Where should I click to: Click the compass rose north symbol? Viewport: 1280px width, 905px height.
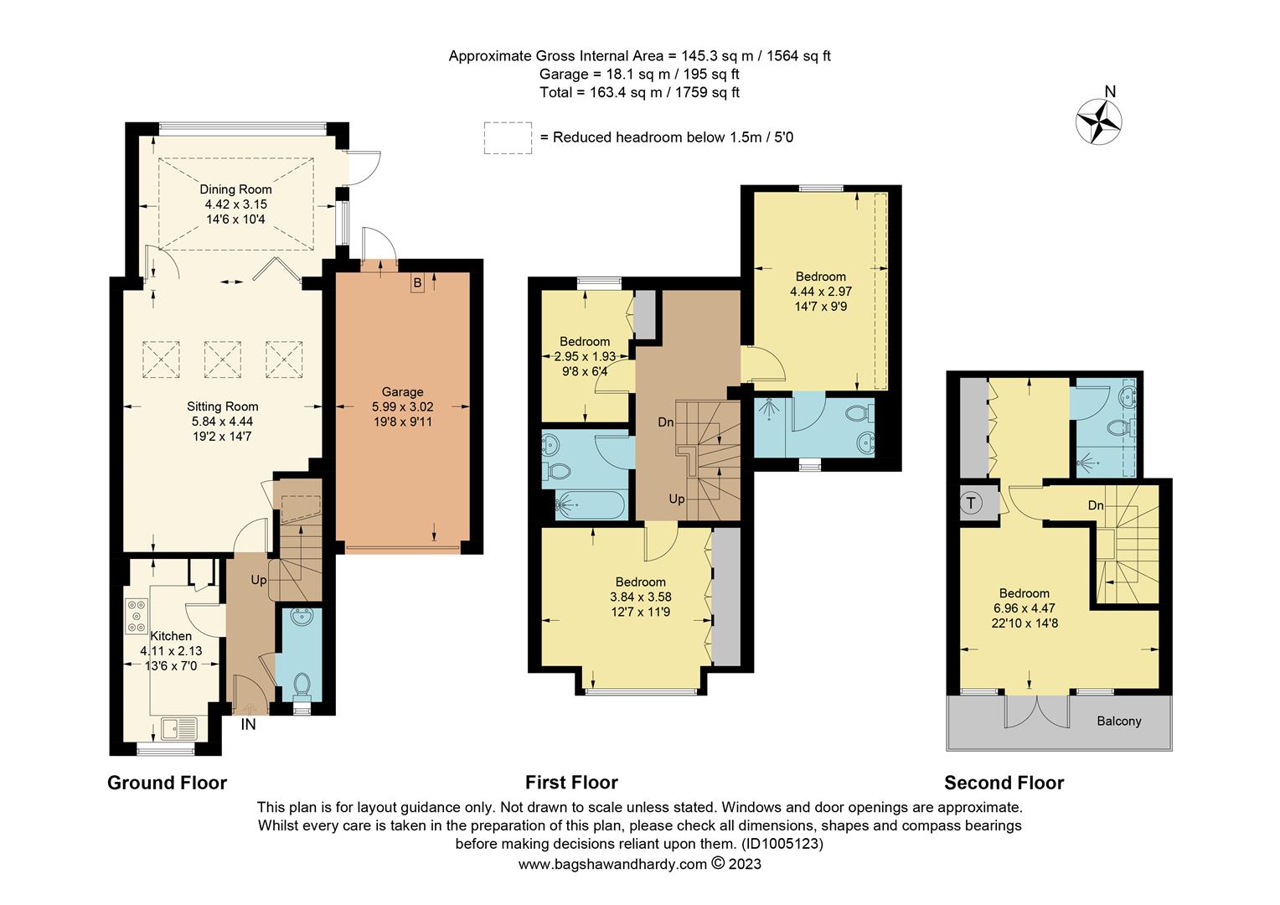(1098, 121)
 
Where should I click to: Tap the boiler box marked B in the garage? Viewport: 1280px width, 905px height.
(417, 283)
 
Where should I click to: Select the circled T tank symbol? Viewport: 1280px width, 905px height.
(971, 504)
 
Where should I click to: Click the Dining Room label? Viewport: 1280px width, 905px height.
(235, 189)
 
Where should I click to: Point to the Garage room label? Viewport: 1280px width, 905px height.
(402, 391)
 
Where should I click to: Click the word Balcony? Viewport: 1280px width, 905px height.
(1118, 721)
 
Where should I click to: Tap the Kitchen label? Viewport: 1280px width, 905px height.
(171, 636)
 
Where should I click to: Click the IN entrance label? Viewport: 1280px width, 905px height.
(249, 724)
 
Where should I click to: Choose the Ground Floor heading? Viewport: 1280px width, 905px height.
(167, 783)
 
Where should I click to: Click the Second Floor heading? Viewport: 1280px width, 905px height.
(1004, 783)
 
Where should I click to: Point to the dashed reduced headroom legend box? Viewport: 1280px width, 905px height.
(508, 137)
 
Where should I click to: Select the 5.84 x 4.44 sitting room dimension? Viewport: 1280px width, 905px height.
(222, 421)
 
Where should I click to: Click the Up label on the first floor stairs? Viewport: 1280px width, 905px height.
(677, 499)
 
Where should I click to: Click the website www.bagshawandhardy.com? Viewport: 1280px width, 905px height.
(612, 864)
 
